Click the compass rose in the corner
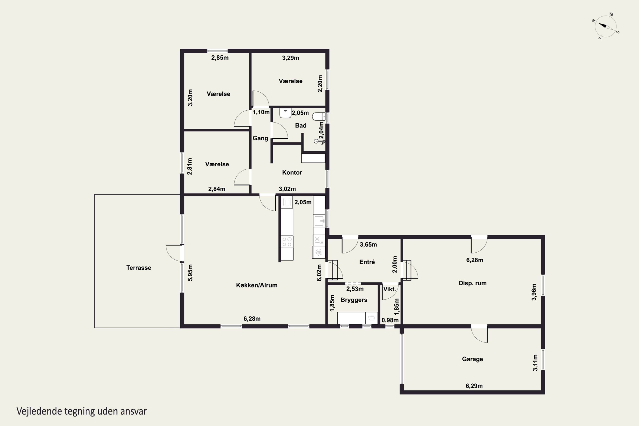606,26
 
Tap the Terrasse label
139,268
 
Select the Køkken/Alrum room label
256,285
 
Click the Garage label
472,359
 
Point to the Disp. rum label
472,283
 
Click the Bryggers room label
354,300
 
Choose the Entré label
367,262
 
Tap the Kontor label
292,173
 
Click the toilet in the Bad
319,117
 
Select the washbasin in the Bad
285,113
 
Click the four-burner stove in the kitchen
287,242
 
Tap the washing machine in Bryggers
371,318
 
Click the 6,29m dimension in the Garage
474,386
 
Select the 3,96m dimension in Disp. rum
534,292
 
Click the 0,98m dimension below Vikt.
390,320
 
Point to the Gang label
260,138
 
